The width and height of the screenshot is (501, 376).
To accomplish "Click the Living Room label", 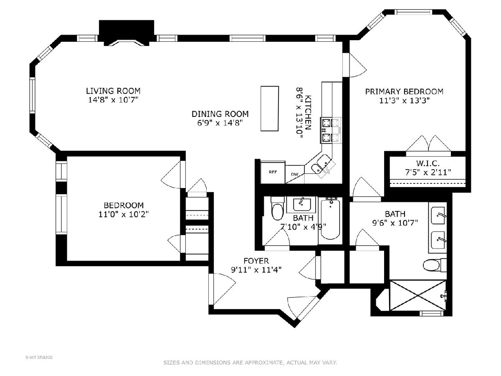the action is (113, 91).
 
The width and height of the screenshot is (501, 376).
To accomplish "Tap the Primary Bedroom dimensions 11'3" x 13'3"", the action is (404, 100).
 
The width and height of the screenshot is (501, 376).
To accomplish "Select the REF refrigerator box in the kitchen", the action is (273, 173).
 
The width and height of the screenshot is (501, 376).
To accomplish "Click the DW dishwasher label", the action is (295, 174).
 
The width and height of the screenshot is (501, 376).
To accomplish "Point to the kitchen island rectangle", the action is (270, 109).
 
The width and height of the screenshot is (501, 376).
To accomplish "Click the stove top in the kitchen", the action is (331, 130).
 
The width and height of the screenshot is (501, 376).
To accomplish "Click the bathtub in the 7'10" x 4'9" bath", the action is (330, 219).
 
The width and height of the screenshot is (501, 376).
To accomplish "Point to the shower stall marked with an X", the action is (417, 296).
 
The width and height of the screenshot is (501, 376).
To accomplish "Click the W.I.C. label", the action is (428, 163).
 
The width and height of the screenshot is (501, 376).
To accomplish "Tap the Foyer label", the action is (256, 261).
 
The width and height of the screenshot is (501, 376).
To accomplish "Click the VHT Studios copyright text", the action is (38, 357).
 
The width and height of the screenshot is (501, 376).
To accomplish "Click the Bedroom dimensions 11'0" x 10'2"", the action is (124, 214).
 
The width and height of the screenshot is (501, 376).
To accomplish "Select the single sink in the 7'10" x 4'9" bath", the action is (302, 204).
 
